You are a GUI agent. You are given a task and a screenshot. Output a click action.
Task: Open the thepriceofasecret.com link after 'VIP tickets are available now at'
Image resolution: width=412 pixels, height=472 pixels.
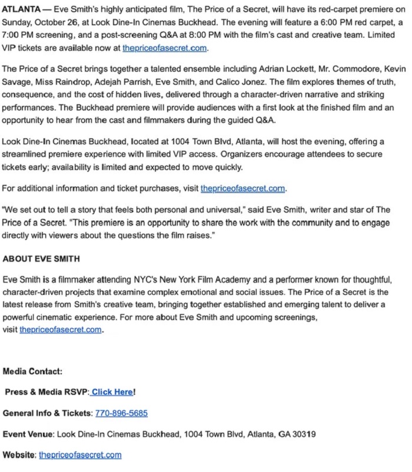[x=165, y=48]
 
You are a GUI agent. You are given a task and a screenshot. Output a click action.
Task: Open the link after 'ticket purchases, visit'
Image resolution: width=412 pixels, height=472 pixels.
[x=242, y=189]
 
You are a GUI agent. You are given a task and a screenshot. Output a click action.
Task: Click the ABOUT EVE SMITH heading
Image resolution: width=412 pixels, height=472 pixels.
[x=41, y=258]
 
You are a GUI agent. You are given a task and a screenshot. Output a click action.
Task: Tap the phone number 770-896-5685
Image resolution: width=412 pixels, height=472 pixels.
[x=121, y=413]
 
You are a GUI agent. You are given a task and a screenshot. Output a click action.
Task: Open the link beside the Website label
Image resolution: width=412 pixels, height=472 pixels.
[x=80, y=455]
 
